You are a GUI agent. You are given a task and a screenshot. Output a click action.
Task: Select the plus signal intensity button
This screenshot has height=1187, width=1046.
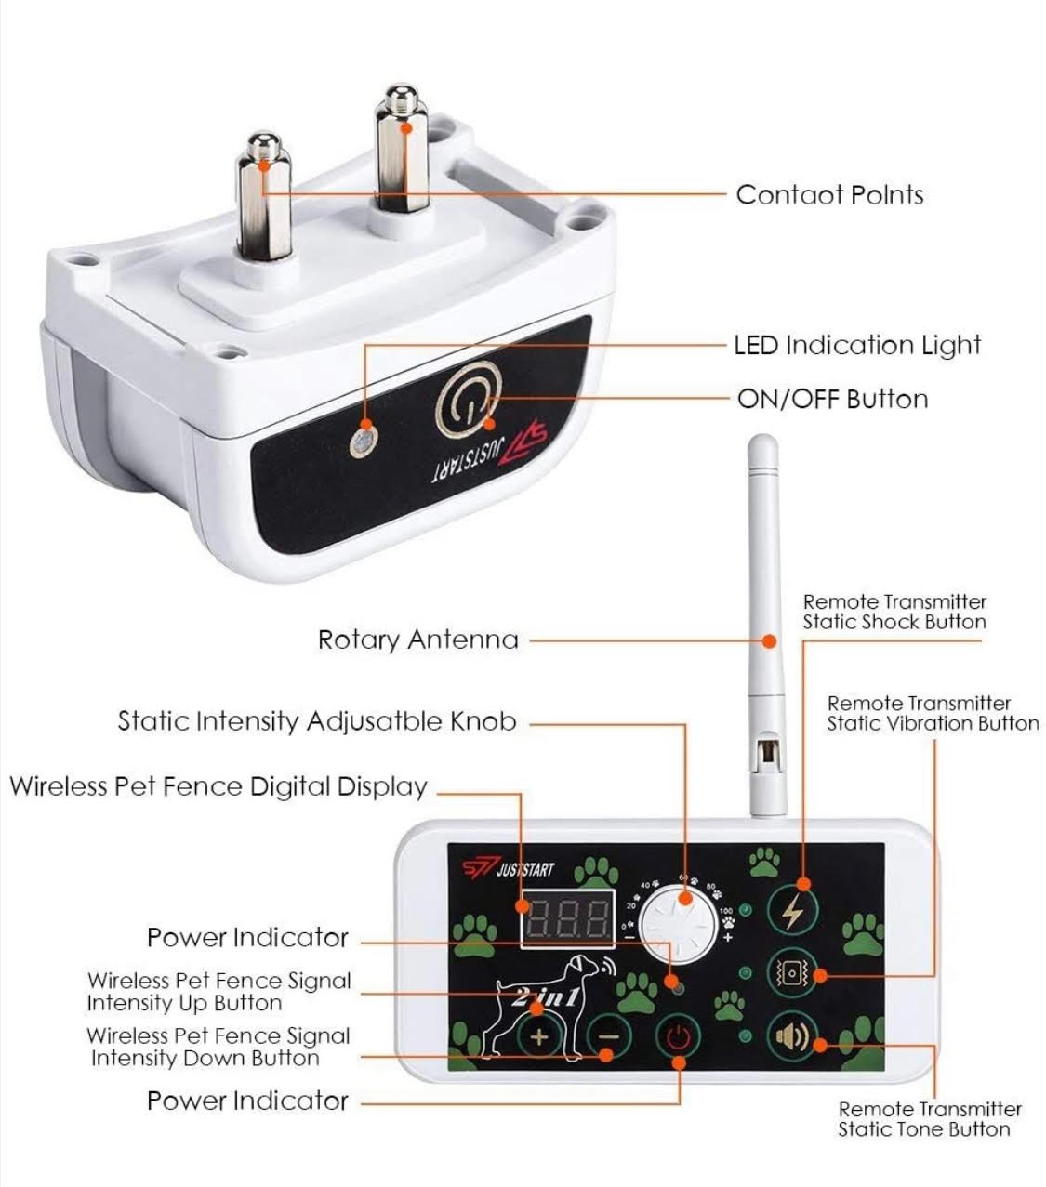click(538, 1036)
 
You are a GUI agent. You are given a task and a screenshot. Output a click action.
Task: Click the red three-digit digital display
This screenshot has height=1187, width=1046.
click(568, 917)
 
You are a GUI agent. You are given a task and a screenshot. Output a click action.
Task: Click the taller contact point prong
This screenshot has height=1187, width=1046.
click(402, 149)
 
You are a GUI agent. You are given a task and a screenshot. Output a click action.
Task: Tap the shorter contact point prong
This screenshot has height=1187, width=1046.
click(263, 195)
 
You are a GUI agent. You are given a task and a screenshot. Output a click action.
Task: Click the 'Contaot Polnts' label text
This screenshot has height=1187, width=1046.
click(829, 195)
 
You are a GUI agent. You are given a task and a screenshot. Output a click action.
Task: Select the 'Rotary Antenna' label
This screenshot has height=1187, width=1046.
click(417, 640)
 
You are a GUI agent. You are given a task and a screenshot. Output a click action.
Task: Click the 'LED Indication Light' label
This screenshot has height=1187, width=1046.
click(856, 346)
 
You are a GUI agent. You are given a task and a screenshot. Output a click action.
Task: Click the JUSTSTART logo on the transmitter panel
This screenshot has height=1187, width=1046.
click(509, 869)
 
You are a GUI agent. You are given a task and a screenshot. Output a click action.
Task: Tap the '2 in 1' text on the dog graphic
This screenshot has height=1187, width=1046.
click(546, 997)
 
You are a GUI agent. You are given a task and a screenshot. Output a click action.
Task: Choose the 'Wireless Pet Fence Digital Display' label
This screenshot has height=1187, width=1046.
click(218, 786)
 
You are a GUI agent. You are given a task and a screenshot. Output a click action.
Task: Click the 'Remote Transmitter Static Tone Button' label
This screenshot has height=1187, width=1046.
click(929, 1119)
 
